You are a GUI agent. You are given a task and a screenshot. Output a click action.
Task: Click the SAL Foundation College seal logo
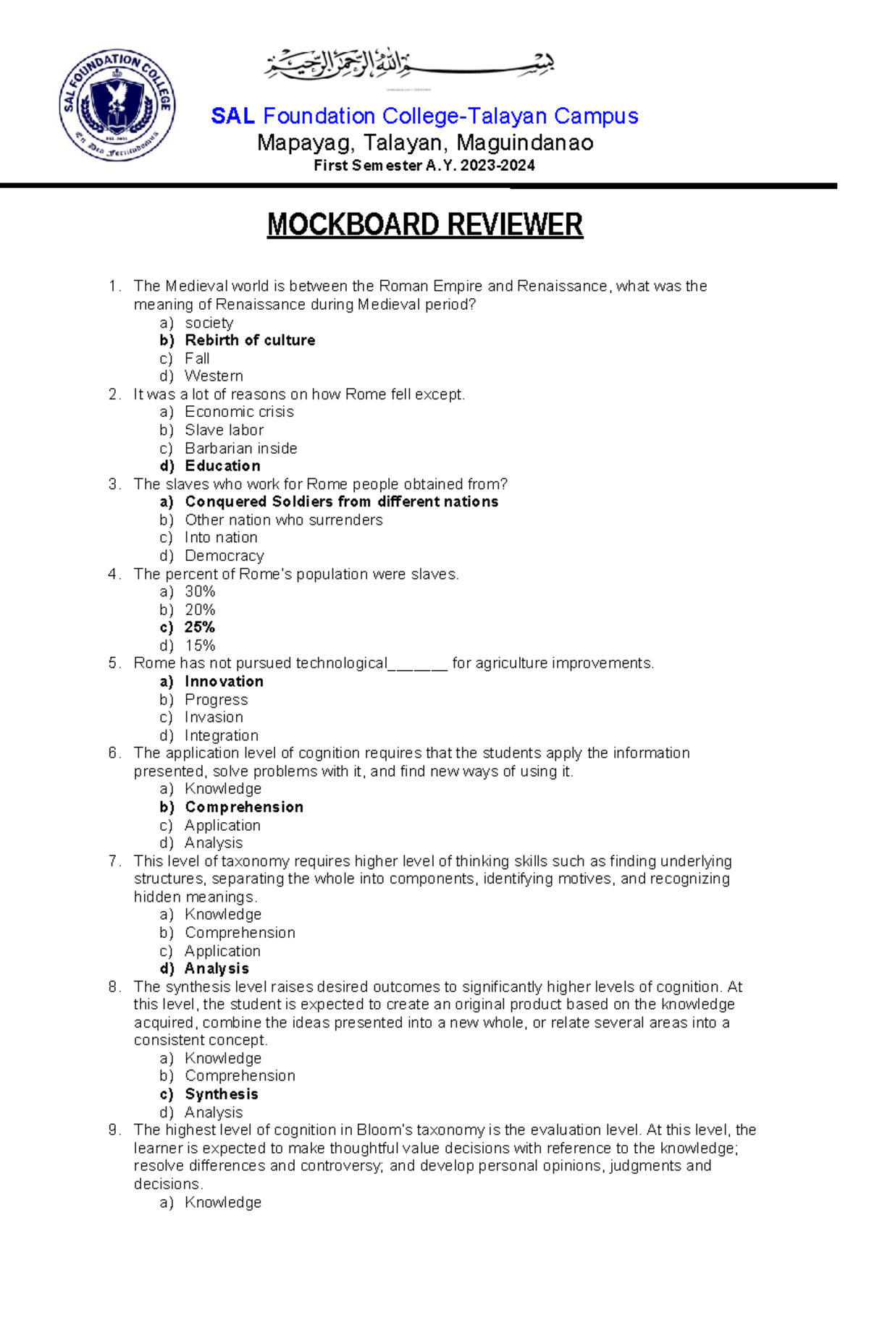pos(117,105)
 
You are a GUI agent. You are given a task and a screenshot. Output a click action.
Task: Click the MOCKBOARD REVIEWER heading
pos(424,224)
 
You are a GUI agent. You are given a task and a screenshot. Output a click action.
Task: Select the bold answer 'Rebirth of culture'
pos(250,340)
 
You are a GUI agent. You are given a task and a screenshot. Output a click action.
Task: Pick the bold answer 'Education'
pos(222,466)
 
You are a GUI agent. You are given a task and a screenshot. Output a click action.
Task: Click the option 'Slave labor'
pos(224,430)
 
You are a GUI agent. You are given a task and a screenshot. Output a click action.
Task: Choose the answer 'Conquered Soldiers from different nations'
pos(341,502)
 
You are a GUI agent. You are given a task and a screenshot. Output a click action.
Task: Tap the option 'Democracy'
pos(224,556)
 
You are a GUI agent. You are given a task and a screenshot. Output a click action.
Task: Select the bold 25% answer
pos(200,627)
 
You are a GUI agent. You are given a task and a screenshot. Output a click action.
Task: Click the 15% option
pos(200,646)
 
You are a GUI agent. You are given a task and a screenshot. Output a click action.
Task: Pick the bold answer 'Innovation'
pos(224,682)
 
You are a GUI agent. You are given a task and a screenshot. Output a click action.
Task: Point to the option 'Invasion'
pos(214,717)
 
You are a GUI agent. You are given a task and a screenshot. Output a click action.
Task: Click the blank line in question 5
pos(418,665)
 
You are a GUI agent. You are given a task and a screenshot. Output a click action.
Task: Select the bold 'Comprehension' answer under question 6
pos(244,807)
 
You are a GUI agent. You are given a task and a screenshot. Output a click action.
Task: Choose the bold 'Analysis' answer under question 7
pos(217,968)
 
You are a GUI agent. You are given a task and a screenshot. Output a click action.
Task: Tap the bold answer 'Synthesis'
pos(221,1094)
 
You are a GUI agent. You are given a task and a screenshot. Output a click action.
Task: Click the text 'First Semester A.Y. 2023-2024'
pos(424,166)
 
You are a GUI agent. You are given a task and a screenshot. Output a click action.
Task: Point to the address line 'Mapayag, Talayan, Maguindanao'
pos(425,143)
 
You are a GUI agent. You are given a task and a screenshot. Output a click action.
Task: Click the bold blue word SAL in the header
pos(232,116)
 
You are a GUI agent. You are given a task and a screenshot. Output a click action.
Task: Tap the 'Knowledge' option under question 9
pos(222,1202)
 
